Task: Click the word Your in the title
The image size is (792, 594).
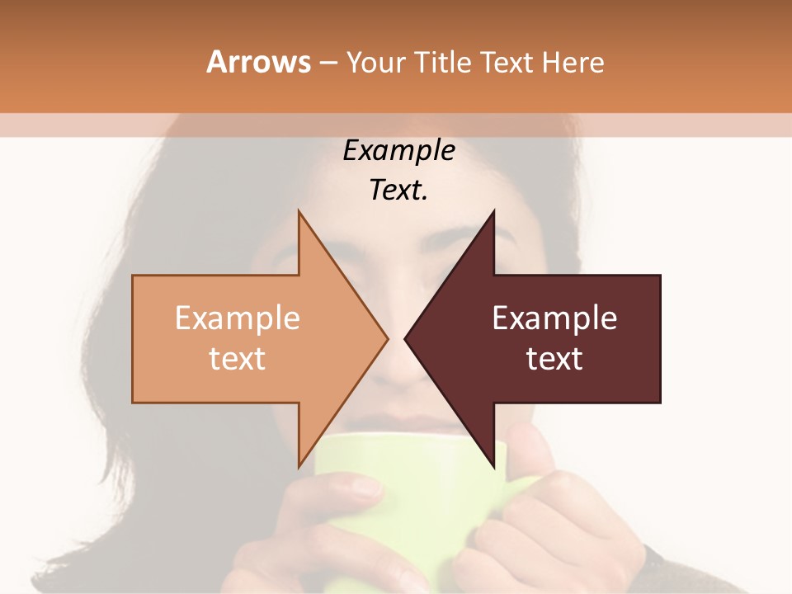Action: (376, 62)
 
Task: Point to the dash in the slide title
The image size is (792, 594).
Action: (328, 63)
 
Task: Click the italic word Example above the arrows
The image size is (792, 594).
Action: (398, 151)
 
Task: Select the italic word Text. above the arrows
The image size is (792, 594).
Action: (398, 191)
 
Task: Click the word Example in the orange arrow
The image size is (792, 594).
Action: (238, 318)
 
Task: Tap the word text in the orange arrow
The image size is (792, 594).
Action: (238, 358)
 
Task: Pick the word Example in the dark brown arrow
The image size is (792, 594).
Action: (554, 318)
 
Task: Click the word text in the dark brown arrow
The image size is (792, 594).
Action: (554, 358)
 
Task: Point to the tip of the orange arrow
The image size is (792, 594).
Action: (386, 338)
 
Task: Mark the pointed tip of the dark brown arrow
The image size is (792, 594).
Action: (407, 338)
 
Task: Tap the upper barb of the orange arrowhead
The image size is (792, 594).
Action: (300, 216)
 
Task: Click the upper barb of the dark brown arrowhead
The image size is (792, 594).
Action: (493, 216)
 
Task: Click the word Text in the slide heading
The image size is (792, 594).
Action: (508, 62)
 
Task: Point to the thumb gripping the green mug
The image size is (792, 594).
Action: (528, 450)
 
